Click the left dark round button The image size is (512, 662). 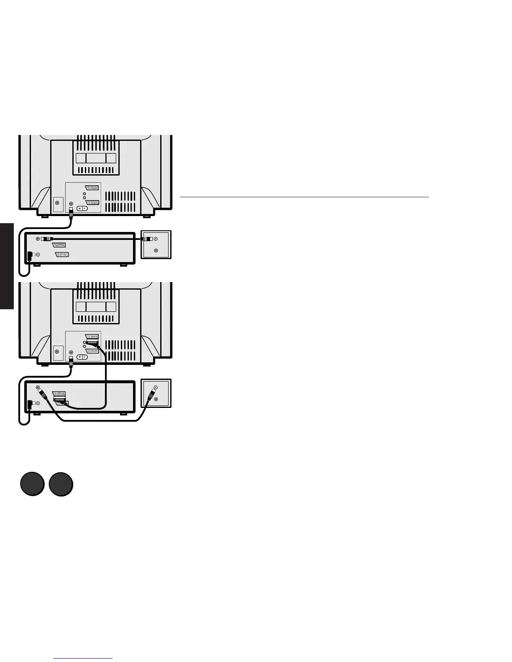coord(32,484)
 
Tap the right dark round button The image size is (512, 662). coord(61,484)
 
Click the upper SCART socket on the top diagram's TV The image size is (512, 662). coord(92,188)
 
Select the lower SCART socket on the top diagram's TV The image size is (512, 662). coord(92,202)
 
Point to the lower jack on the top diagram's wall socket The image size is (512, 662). coord(156,250)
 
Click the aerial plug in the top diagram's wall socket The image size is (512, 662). coord(147,239)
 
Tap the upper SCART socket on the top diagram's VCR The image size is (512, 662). coord(59,245)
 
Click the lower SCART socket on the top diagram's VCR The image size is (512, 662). coord(62,254)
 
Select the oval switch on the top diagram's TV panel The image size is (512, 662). coord(82,208)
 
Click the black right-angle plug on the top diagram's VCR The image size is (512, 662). coord(29,256)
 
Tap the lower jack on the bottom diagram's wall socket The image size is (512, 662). coord(156,399)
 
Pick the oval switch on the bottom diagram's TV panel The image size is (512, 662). coord(82,357)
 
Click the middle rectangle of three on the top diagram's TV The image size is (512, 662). coord(96,158)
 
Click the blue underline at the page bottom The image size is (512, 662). coord(83,658)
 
